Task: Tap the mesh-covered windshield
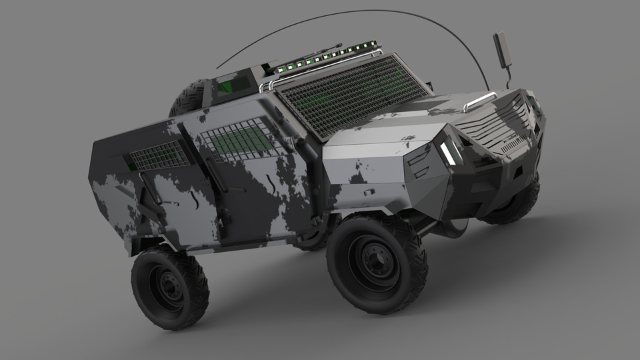[353, 93]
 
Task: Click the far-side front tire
[517, 203]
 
